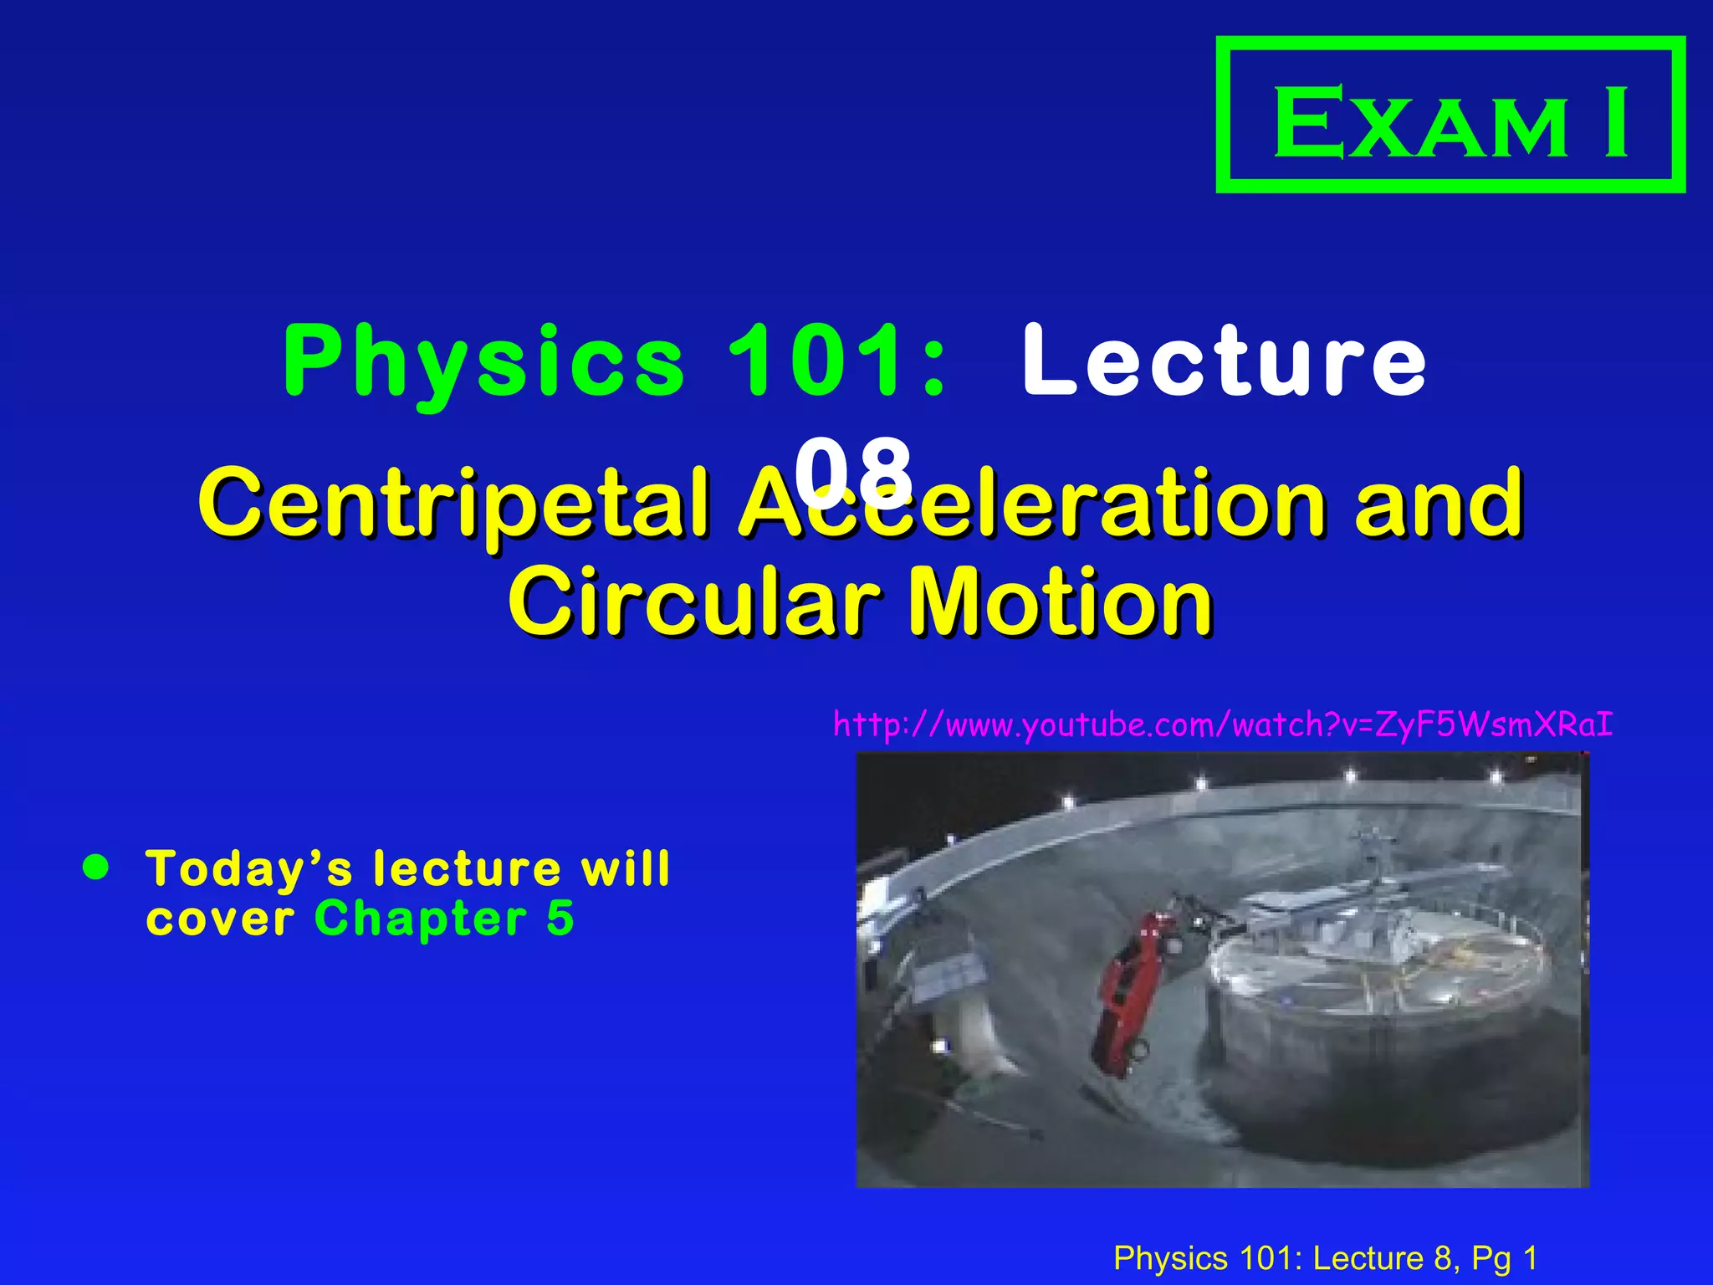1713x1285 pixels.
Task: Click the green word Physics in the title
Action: point(483,361)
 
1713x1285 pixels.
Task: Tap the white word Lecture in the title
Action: point(1224,361)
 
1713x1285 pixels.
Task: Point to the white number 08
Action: point(853,470)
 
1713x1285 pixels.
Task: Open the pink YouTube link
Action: point(1223,724)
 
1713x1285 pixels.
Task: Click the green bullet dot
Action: point(97,868)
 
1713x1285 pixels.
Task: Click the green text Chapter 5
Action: point(444,919)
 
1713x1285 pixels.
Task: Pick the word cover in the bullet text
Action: point(220,920)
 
